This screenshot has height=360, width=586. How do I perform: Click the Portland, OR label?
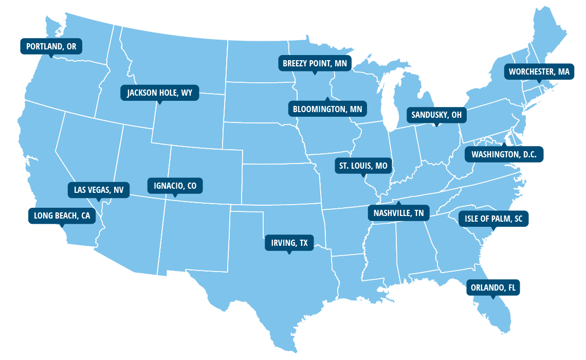coord(51,46)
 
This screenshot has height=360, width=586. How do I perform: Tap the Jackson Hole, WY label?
coord(159,93)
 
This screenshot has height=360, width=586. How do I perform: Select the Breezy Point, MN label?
coord(315,64)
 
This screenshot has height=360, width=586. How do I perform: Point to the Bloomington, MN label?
coord(327,109)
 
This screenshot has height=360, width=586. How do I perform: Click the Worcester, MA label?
coord(539,72)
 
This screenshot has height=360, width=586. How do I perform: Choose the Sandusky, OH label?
coord(436,115)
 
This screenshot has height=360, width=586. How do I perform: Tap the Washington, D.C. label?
coord(504,154)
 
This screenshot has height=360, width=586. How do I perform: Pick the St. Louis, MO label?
coord(363,166)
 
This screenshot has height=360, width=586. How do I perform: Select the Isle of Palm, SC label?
coord(493,219)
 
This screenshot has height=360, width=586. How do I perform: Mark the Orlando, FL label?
coord(493,287)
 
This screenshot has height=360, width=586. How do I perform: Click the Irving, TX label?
coord(289,243)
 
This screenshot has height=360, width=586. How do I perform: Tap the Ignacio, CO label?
coord(175,186)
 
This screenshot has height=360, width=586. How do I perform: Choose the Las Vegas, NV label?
coord(99,190)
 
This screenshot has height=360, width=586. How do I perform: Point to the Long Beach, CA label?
coord(62,216)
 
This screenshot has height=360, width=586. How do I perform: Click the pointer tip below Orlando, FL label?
coord(493,298)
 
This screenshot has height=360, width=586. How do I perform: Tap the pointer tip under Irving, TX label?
coord(289,254)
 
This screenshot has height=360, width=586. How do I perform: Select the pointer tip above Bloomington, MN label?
coord(326,98)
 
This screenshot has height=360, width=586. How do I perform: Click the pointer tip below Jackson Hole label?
coord(159,104)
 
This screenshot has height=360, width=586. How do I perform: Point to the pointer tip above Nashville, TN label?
coord(397,202)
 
